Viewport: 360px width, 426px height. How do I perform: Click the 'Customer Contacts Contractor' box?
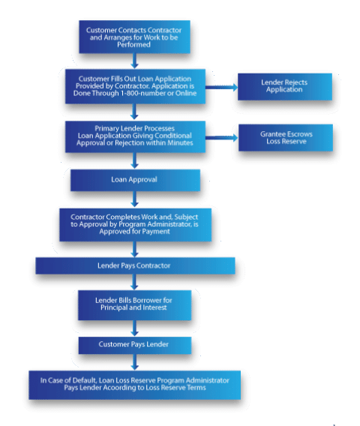coord(134,36)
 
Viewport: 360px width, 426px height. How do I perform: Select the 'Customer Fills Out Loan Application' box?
coord(134,87)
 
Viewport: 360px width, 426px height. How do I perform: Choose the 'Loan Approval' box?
coord(134,180)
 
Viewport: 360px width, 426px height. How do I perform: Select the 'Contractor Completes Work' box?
coord(134,222)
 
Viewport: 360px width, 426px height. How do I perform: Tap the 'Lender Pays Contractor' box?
coord(134,265)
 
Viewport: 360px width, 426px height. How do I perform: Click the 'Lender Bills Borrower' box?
coord(134,305)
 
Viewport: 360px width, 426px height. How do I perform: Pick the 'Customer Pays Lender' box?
coord(134,344)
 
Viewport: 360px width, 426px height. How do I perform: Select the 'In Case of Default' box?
coord(134,384)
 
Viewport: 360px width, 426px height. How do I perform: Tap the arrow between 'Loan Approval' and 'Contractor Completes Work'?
coord(134,198)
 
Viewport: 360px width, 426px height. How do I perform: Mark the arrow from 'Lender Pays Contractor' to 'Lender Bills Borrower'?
coord(134,283)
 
